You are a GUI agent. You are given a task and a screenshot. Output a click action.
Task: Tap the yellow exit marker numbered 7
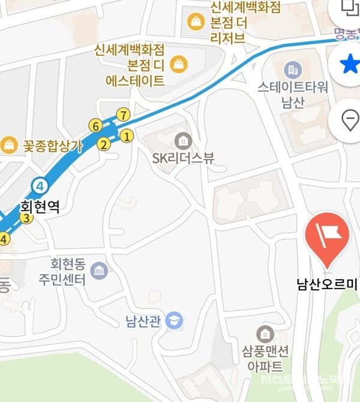tap(122, 114)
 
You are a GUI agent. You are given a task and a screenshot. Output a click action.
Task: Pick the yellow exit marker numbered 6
tap(94, 126)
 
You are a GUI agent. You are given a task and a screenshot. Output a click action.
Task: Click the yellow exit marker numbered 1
tap(127, 136)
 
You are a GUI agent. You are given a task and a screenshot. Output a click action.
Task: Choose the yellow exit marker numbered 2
tap(103, 144)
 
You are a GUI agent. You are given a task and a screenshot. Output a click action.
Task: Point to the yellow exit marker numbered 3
tap(26, 218)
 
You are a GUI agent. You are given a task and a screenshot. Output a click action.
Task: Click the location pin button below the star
tap(350, 121)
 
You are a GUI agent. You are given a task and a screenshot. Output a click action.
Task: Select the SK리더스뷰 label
tap(183, 158)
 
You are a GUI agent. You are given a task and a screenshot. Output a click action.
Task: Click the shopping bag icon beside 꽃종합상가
tap(9, 145)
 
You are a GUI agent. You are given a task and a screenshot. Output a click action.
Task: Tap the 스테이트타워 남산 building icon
tap(293, 70)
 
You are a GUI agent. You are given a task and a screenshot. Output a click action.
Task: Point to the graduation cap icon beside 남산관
tap(175, 321)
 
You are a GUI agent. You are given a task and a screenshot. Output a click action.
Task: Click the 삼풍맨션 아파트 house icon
tap(265, 334)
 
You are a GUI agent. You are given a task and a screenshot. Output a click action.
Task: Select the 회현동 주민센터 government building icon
tap(99, 271)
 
